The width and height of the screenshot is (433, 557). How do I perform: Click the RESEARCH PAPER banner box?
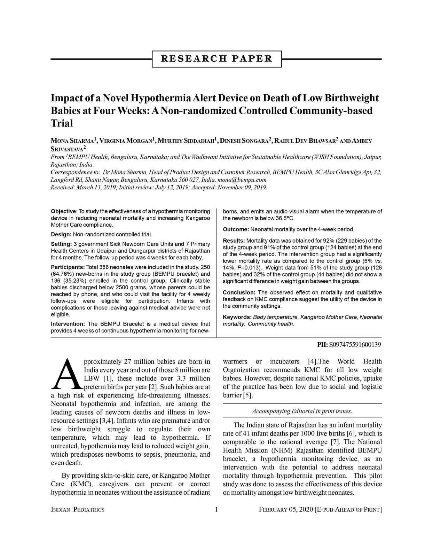coord(216,59)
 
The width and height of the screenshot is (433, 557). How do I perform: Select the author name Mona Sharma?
coord(72,141)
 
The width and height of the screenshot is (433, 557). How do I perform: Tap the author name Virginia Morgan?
coord(126,141)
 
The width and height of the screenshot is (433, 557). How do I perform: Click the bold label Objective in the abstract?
coord(63,211)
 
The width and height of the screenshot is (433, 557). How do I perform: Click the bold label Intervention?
coord(68,324)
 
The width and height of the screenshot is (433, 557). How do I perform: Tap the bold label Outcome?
coord(236,229)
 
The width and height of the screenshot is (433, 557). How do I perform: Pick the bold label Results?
coord(234,241)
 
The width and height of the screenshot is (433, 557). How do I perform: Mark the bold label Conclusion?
coord(239,293)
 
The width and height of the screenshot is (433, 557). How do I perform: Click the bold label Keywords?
coord(237,317)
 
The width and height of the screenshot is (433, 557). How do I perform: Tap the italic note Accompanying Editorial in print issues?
coord(302,411)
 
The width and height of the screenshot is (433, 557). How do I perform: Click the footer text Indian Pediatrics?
coord(78,510)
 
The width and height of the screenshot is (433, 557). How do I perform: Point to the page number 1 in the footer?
coord(216,510)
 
